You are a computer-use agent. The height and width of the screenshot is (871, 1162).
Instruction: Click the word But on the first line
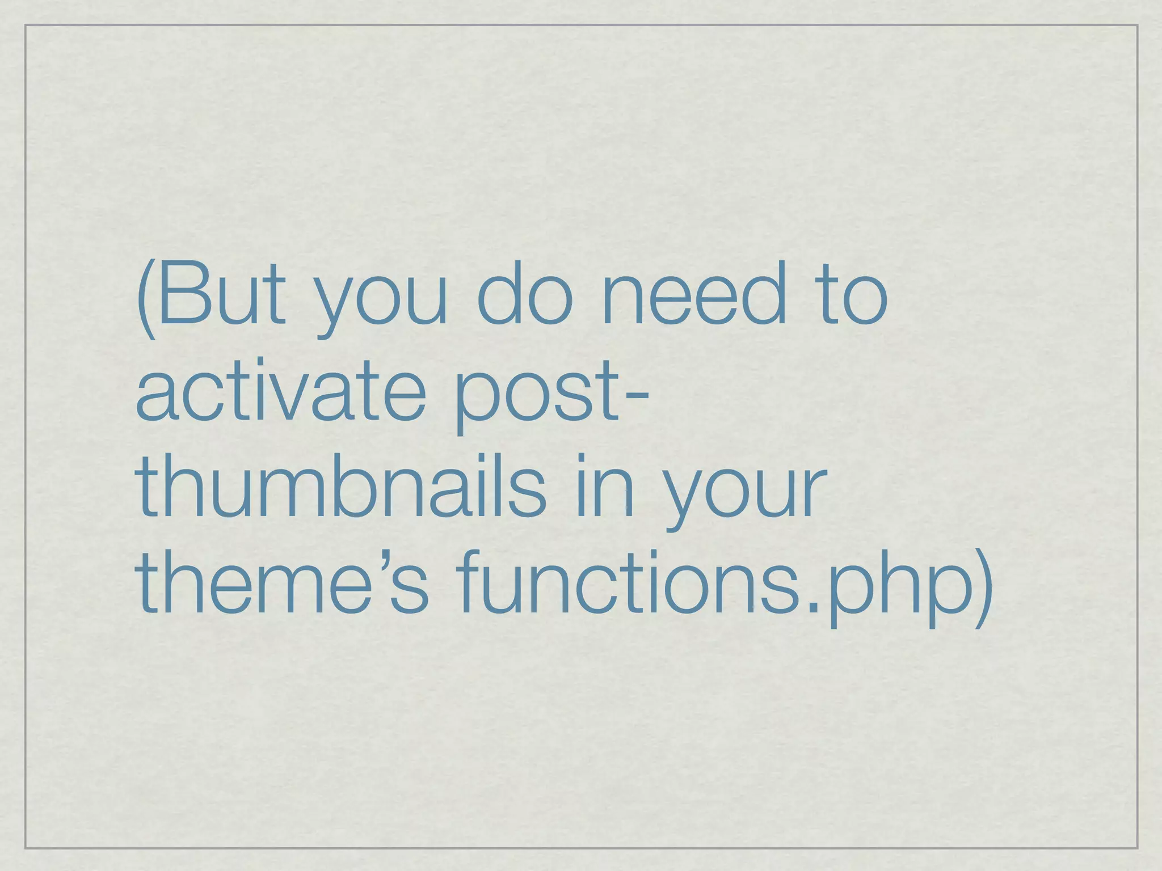pyautogui.click(x=221, y=295)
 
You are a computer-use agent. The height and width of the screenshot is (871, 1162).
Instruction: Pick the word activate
pyautogui.click(x=281, y=391)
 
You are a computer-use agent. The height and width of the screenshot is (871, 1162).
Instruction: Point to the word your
pyautogui.click(x=746, y=493)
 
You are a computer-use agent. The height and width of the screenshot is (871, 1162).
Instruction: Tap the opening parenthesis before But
pyautogui.click(x=146, y=301)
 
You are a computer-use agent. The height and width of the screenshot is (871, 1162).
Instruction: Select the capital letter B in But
pyautogui.click(x=181, y=295)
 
